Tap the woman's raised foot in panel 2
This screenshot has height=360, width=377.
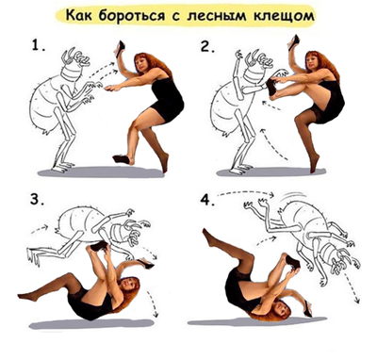pyautogui.click(x=272, y=87)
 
